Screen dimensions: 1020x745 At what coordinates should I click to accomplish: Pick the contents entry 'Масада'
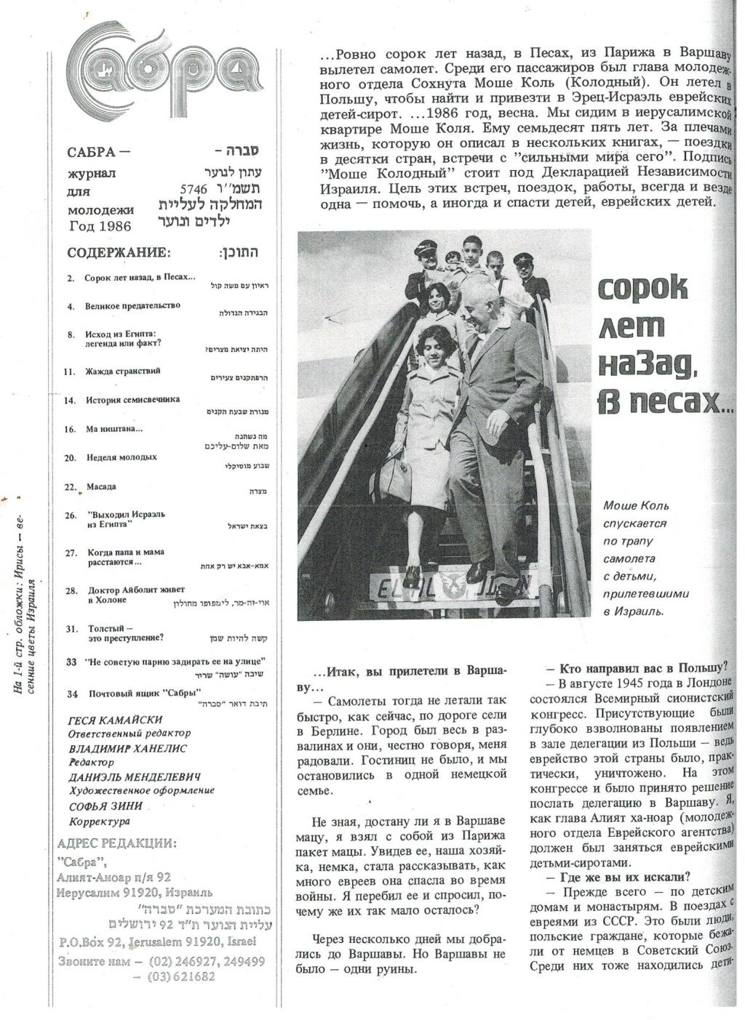tap(101, 486)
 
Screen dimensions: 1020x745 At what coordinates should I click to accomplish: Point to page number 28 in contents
tap(71, 590)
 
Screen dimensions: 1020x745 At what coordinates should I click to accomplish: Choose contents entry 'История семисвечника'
tap(132, 399)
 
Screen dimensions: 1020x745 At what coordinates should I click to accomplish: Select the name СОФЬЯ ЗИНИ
tap(105, 806)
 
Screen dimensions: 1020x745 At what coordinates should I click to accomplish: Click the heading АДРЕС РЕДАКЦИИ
tap(116, 843)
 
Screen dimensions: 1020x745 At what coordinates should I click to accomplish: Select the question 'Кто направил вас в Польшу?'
tap(642, 667)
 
